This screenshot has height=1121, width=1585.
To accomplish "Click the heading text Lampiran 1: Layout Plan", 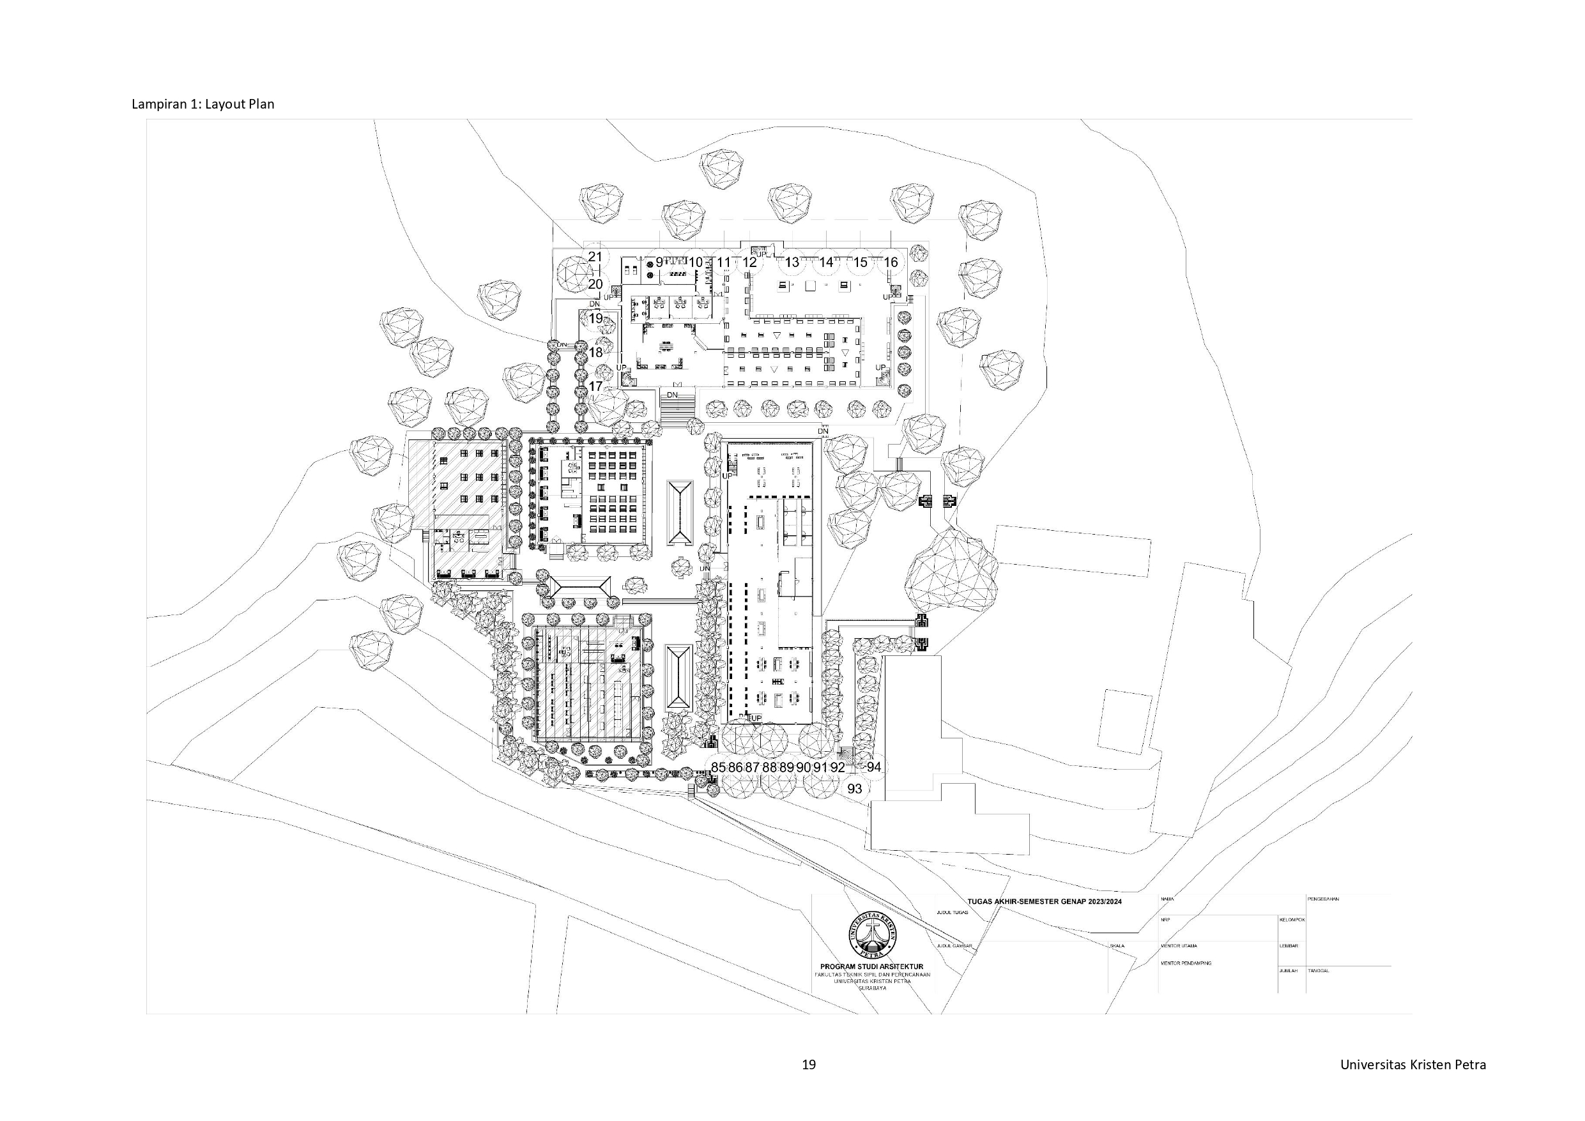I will (203, 104).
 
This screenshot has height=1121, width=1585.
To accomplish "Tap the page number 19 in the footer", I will (808, 1064).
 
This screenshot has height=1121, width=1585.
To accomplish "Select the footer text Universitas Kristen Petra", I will (1413, 1064).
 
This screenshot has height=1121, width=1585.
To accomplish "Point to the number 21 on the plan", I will (595, 257).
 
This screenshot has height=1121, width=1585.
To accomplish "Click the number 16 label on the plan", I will (891, 263).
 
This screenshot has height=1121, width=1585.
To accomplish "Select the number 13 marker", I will (792, 263).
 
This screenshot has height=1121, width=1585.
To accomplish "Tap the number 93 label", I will (855, 788).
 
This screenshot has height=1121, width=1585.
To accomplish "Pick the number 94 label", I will (874, 767).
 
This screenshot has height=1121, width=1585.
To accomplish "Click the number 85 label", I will (718, 767).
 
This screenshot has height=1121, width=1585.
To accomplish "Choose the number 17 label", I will (595, 386).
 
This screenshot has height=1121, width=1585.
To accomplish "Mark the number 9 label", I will (659, 263).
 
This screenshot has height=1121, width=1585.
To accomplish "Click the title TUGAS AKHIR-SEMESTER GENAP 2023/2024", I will (1044, 901).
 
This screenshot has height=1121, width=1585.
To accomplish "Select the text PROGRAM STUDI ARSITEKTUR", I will (871, 966).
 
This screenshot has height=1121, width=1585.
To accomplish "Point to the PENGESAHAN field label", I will (1322, 899).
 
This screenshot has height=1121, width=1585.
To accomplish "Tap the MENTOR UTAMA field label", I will (1179, 947).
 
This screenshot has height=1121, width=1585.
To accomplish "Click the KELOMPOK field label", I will (1292, 919).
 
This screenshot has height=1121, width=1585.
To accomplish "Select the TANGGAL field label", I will (1318, 970).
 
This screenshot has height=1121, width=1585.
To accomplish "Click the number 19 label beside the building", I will (595, 319).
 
